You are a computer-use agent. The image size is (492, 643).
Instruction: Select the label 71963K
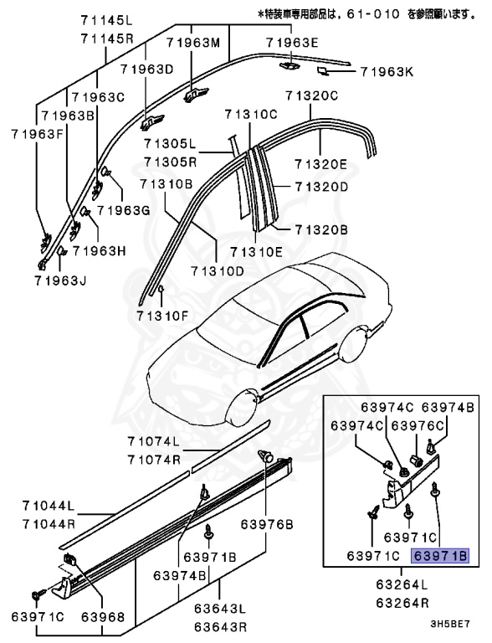click(387, 72)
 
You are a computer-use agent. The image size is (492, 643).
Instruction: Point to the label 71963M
click(193, 42)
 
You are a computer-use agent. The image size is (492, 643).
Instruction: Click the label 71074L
click(154, 441)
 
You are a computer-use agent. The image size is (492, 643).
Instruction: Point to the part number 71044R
click(49, 523)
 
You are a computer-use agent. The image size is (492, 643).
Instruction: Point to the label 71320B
click(320, 228)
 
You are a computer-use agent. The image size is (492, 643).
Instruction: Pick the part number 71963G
click(122, 210)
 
